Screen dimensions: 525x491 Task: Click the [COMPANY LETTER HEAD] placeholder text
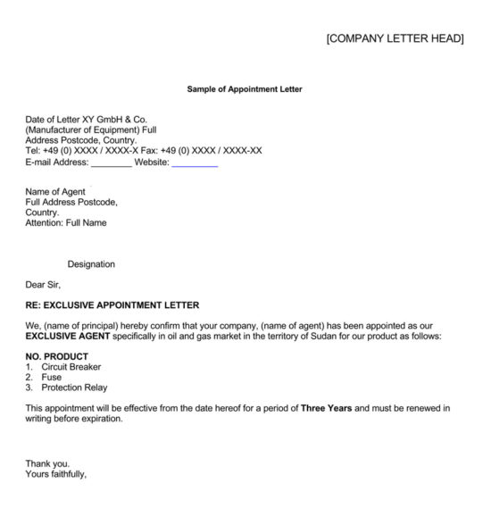point(395,38)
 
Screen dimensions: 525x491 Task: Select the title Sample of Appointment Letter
point(245,89)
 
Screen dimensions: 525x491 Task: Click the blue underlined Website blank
point(195,162)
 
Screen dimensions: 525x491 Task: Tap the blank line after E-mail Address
point(112,162)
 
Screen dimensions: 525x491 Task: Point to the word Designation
point(91,264)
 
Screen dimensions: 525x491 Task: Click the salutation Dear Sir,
point(44,285)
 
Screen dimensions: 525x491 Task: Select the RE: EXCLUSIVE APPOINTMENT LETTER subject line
point(112,305)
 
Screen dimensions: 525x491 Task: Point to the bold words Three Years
point(326,408)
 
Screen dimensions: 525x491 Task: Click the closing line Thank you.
point(47,463)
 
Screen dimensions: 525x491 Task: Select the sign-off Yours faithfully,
point(56,474)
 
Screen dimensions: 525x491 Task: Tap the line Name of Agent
point(55,192)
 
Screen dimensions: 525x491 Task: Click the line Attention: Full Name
point(66,223)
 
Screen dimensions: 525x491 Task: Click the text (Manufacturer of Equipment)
point(90,129)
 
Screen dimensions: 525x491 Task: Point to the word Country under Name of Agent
point(42,212)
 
